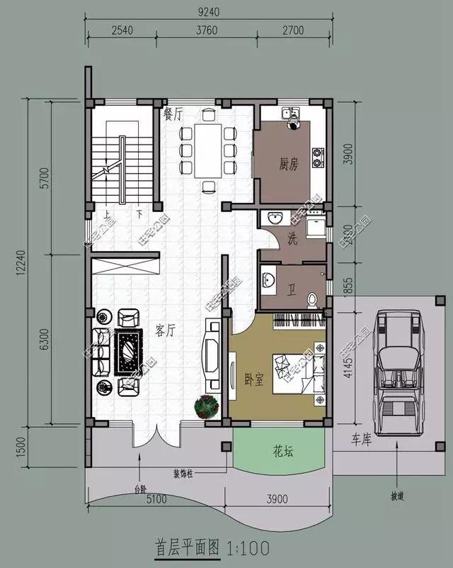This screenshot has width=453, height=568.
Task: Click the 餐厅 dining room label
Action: pos(173,113)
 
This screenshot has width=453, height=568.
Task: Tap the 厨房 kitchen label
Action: pos(288,165)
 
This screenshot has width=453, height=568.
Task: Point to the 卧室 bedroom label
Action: pos(253,379)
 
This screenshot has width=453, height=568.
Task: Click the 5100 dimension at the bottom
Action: pos(156,499)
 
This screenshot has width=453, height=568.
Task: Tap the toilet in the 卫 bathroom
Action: pos(310,300)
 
